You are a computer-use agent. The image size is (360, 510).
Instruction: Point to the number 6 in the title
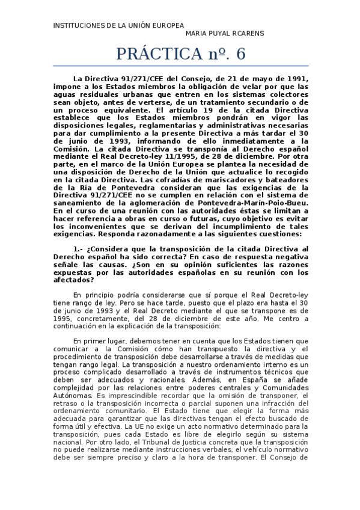click(241, 54)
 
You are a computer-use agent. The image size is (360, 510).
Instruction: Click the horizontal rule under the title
click(180, 66)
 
